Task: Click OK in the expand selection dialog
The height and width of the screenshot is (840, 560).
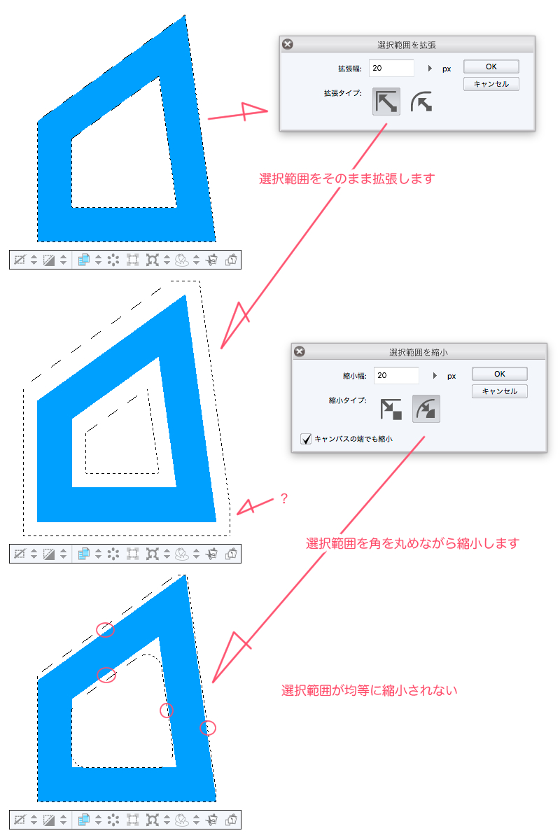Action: pyautogui.click(x=491, y=66)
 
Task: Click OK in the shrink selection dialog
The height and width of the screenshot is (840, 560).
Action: pyautogui.click(x=499, y=374)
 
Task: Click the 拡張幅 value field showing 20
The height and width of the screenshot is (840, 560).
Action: pyautogui.click(x=391, y=69)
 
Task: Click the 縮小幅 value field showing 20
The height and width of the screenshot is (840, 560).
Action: pyautogui.click(x=396, y=375)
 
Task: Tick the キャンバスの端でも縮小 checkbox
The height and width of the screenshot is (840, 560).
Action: pyautogui.click(x=306, y=439)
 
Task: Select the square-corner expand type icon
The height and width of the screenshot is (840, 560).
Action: pyautogui.click(x=386, y=101)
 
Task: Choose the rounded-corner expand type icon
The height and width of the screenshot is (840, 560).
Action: pyautogui.click(x=421, y=101)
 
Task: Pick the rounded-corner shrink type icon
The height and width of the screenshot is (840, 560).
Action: pyautogui.click(x=426, y=409)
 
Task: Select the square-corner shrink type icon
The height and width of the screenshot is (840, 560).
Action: pyautogui.click(x=391, y=409)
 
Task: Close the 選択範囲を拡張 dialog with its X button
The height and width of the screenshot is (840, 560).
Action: pyautogui.click(x=288, y=44)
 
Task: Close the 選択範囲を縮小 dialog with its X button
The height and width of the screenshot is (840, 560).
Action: pyautogui.click(x=300, y=351)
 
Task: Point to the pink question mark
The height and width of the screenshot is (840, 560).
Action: pyautogui.click(x=284, y=498)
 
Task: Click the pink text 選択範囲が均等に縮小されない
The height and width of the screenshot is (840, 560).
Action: pyautogui.click(x=370, y=690)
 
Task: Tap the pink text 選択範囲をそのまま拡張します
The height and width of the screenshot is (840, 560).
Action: pyautogui.click(x=347, y=178)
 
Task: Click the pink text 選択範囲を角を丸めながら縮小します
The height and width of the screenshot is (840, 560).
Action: pyautogui.click(x=412, y=543)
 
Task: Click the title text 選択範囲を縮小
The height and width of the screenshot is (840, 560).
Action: pyautogui.click(x=419, y=353)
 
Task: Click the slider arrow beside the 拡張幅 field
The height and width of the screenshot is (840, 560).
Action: pyautogui.click(x=430, y=69)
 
